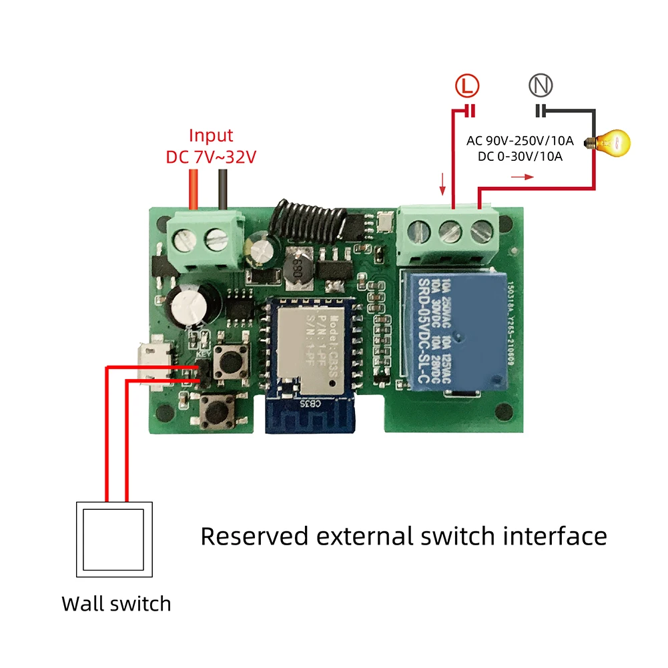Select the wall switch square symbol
point(114,539)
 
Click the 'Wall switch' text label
point(116,604)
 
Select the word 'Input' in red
point(211,135)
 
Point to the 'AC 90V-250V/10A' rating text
point(519,140)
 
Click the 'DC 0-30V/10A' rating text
point(519,157)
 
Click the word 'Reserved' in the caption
point(255,536)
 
